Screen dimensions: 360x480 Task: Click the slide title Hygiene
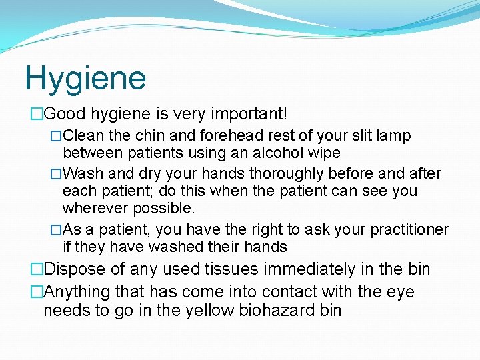(x=85, y=79)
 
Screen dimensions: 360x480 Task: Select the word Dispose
(x=75, y=269)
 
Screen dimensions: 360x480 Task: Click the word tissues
(x=215, y=269)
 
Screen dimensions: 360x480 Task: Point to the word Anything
(x=77, y=291)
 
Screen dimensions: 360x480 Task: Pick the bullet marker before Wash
(x=57, y=174)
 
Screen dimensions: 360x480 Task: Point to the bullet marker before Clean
(x=57, y=136)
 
